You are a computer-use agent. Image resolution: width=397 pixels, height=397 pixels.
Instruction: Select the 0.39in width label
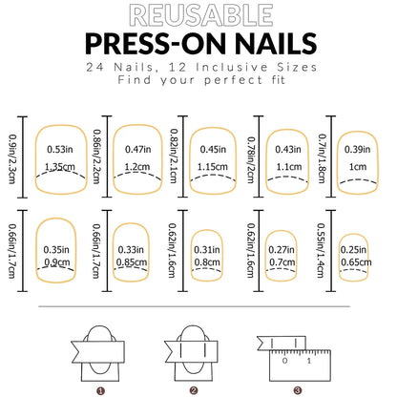[x=358, y=149]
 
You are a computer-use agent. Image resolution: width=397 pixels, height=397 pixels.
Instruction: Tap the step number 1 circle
[x=99, y=388]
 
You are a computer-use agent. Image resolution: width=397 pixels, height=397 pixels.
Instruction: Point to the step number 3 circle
[x=297, y=388]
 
